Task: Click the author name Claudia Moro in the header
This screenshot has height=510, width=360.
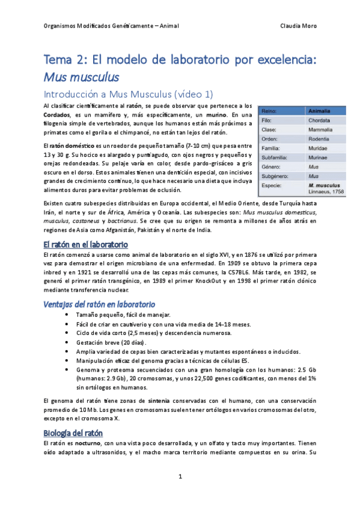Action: tap(299, 26)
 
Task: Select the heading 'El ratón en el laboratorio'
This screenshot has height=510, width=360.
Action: tap(85, 245)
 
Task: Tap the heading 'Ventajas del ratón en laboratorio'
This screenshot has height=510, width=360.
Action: tap(99, 304)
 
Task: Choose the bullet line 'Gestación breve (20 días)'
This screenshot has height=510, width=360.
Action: tap(106, 343)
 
